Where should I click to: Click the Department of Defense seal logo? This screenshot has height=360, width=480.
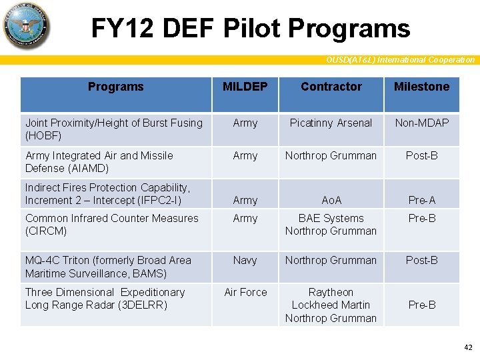coord(26,26)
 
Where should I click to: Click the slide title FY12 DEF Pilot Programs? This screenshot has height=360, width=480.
coord(250,28)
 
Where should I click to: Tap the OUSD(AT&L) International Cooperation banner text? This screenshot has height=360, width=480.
coord(400,60)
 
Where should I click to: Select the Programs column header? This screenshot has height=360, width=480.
coord(115,87)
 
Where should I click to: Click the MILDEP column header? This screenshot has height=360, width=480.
coord(245,87)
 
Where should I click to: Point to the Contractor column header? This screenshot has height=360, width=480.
coord(331,87)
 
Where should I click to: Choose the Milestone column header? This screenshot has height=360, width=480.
coord(421,87)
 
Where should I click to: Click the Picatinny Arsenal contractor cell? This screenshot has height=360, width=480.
coord(331,123)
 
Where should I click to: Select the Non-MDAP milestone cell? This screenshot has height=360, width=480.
coord(421,123)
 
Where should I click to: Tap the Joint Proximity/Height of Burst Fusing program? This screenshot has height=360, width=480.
coord(113,129)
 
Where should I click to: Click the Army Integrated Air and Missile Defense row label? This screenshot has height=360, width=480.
coord(99,161)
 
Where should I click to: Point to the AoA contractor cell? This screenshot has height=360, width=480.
coord(331,200)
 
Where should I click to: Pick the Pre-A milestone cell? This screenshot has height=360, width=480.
coord(421,200)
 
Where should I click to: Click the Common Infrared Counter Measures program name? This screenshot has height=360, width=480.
coord(111,224)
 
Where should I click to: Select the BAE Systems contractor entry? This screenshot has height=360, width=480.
coord(331,218)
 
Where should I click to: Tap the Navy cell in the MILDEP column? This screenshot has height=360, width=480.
coord(245,260)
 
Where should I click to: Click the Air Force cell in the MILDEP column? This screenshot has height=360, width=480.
coord(245,292)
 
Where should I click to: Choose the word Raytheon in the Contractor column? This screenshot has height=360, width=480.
coord(331,292)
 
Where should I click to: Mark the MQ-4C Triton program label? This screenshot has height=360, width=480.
coord(108,267)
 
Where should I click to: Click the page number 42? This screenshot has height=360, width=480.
coord(467,347)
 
